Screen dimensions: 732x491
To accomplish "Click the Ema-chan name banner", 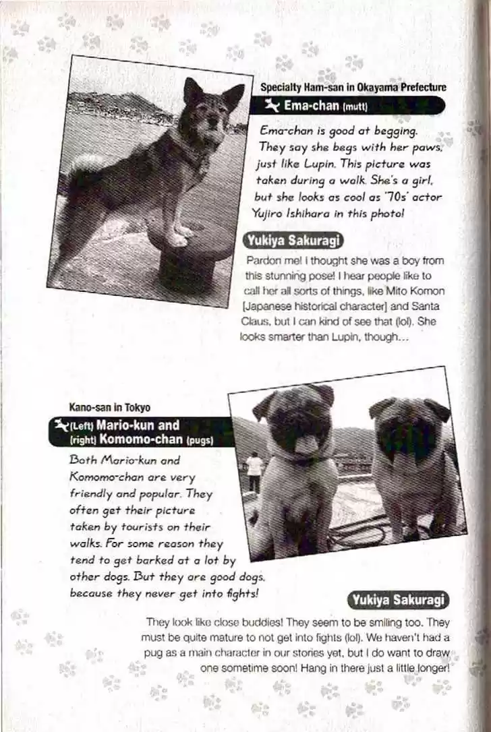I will coord(347,106).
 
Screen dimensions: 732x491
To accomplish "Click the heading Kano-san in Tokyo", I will coord(109,408).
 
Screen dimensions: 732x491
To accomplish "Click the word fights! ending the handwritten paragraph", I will coord(239,593).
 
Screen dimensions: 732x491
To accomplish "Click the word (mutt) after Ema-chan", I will coord(357,106).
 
